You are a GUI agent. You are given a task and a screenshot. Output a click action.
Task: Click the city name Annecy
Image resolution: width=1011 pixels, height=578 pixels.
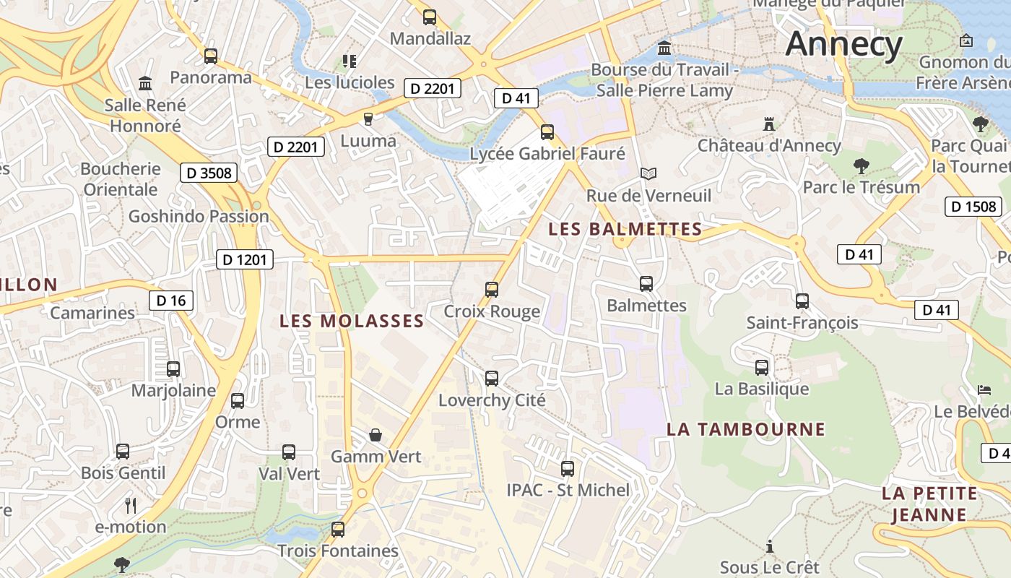click(x=844, y=44)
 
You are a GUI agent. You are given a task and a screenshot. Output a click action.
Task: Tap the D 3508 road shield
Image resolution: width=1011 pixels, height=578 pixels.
click(x=209, y=173)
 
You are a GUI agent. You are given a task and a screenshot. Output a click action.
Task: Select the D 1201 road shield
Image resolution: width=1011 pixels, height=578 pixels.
click(x=245, y=259)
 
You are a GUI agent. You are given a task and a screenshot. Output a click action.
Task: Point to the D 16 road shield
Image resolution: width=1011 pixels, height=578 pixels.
click(x=171, y=301)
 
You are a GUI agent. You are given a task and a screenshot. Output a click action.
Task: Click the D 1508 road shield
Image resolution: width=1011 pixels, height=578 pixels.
click(x=973, y=207)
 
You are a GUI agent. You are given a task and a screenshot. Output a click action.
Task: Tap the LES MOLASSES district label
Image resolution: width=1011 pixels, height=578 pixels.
click(x=352, y=321)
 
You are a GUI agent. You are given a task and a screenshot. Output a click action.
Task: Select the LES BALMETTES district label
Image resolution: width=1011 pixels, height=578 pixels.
click(x=625, y=229)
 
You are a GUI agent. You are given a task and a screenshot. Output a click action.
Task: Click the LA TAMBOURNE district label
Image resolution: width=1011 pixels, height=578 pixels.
click(x=745, y=429)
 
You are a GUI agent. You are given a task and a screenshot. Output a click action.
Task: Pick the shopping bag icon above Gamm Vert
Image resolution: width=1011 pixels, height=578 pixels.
click(x=376, y=435)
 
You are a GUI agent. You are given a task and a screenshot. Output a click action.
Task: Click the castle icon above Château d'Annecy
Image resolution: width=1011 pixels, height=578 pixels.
click(x=769, y=124)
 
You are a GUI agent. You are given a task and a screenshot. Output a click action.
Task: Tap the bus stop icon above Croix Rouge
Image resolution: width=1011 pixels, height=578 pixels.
click(x=492, y=290)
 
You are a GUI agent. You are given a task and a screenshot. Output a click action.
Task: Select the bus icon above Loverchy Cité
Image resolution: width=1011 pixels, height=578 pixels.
click(x=492, y=379)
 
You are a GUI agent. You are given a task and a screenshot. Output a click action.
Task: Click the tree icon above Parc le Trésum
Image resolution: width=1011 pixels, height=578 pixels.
click(x=861, y=166)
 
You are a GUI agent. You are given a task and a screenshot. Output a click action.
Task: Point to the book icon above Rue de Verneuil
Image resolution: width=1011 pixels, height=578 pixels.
click(x=648, y=174)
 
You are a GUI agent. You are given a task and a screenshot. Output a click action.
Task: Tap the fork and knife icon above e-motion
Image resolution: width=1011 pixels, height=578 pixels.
click(x=131, y=505)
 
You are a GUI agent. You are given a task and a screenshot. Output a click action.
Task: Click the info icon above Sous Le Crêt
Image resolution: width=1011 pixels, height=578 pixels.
click(x=770, y=545)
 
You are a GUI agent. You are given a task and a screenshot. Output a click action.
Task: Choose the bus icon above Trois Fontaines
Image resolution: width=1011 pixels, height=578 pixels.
click(x=338, y=530)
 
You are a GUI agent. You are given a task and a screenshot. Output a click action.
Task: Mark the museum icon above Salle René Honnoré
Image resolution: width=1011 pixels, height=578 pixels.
click(x=145, y=84)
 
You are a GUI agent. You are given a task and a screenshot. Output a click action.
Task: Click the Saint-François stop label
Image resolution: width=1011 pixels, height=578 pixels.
click(x=802, y=322)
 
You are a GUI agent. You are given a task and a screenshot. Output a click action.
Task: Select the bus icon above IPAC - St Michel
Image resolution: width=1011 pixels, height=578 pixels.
click(x=568, y=469)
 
